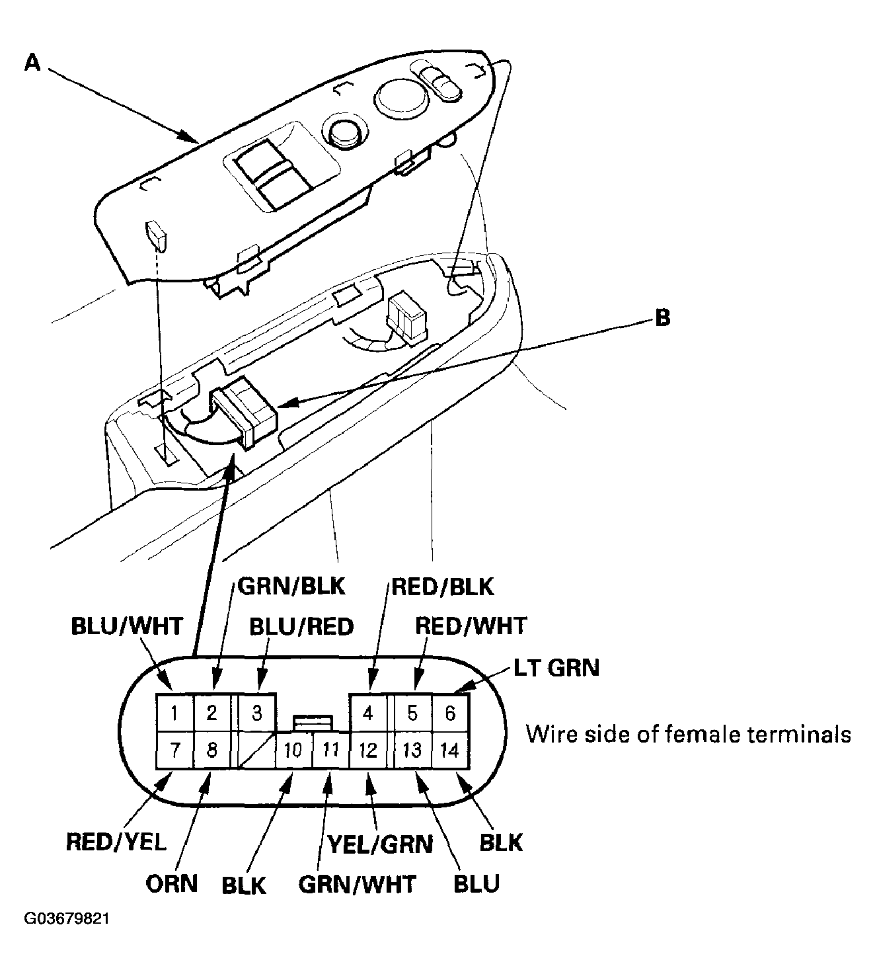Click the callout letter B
tap(662, 318)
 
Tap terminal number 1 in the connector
tap(174, 713)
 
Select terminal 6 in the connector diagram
tap(450, 713)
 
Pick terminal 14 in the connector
tap(449, 750)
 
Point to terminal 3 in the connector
tap(257, 713)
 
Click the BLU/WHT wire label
tap(126, 626)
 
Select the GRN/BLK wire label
tap(291, 586)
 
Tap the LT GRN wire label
tap(556, 668)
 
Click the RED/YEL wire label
tap(116, 842)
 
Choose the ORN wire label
tap(172, 883)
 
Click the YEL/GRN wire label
tap(380, 844)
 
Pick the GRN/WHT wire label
tap(358, 884)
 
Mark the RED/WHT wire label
tap(471, 626)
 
